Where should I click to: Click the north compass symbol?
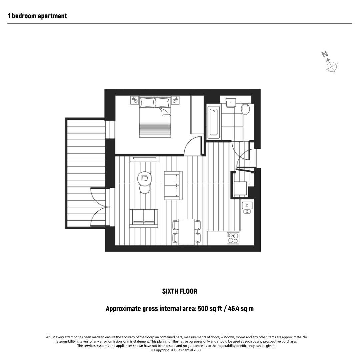[330, 62]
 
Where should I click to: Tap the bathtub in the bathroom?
[214, 122]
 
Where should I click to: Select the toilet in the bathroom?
[245, 109]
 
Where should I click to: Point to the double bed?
[155, 117]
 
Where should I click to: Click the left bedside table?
[135, 100]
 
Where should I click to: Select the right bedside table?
[175, 100]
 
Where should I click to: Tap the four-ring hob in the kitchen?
[233, 238]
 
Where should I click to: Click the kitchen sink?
[247, 208]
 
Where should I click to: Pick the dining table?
[187, 232]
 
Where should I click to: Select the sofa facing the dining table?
[173, 185]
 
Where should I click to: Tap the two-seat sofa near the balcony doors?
[144, 218]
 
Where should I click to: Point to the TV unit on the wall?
[145, 159]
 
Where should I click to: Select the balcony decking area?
[86, 173]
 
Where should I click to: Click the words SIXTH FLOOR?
[180, 291]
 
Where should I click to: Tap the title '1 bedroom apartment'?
[37, 16]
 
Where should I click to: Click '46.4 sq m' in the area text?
[241, 308]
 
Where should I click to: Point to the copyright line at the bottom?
[176, 350]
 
